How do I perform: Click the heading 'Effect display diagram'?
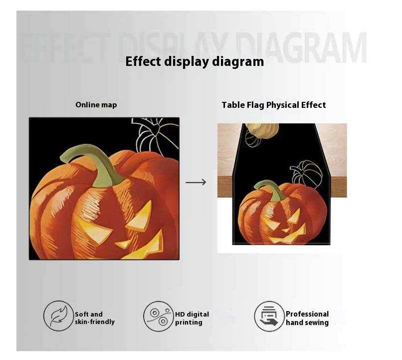tap(195, 62)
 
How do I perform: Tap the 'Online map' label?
tap(96, 105)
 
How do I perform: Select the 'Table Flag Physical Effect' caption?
tap(274, 105)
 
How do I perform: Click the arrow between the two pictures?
tap(196, 182)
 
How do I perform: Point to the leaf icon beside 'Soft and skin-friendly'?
tap(59, 316)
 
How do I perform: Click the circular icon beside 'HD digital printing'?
tap(159, 316)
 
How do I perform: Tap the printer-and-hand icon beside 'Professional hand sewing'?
tap(269, 317)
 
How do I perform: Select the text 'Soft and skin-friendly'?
tap(95, 318)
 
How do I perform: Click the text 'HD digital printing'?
tap(192, 318)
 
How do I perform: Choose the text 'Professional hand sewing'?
tap(307, 318)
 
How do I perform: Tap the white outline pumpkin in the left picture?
tap(154, 134)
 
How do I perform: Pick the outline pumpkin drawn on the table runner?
tap(306, 173)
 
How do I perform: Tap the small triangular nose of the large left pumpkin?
tap(124, 244)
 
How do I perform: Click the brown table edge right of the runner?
tap(338, 187)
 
